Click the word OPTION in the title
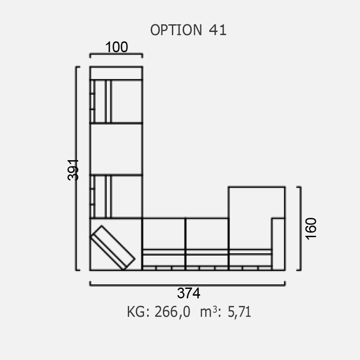(176, 30)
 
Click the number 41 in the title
(218, 30)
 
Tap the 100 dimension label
(117, 47)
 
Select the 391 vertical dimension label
(73, 170)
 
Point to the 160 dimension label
(311, 229)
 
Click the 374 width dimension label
(189, 293)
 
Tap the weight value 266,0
(172, 312)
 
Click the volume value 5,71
(239, 312)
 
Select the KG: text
(139, 312)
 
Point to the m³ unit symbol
(208, 312)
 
